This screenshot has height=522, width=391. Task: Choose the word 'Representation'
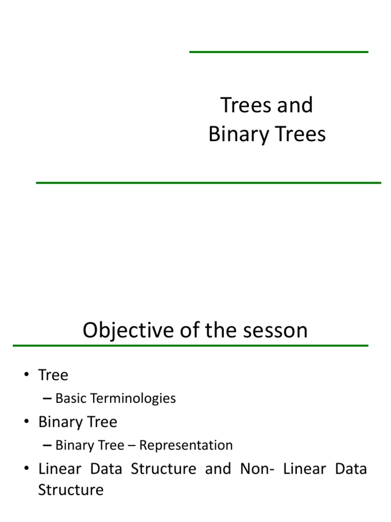[x=186, y=445]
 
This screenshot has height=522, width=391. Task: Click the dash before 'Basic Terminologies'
[x=47, y=398]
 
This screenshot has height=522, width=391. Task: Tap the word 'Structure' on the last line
[x=71, y=490]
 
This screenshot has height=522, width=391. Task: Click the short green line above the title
[x=278, y=52]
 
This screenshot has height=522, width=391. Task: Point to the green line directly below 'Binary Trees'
[x=208, y=182]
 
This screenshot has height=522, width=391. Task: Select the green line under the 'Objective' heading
[x=190, y=346]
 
